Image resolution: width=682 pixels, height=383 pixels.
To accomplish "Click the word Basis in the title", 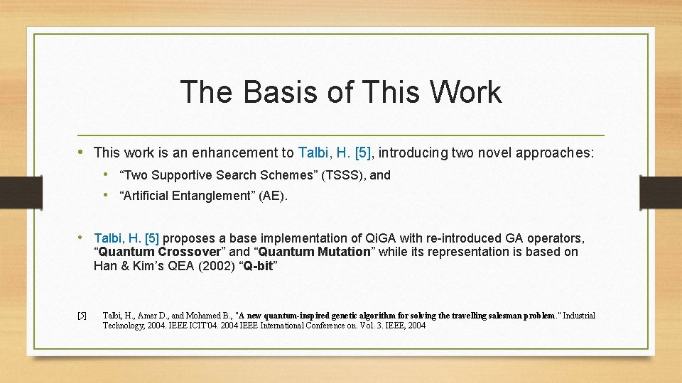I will tap(268, 92).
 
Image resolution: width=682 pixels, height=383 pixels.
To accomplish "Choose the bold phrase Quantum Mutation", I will tap(315, 252).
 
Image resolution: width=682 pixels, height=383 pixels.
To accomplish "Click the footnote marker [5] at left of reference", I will tap(82, 316).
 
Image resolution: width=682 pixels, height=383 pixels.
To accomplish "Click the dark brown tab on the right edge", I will tap(660, 192).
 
